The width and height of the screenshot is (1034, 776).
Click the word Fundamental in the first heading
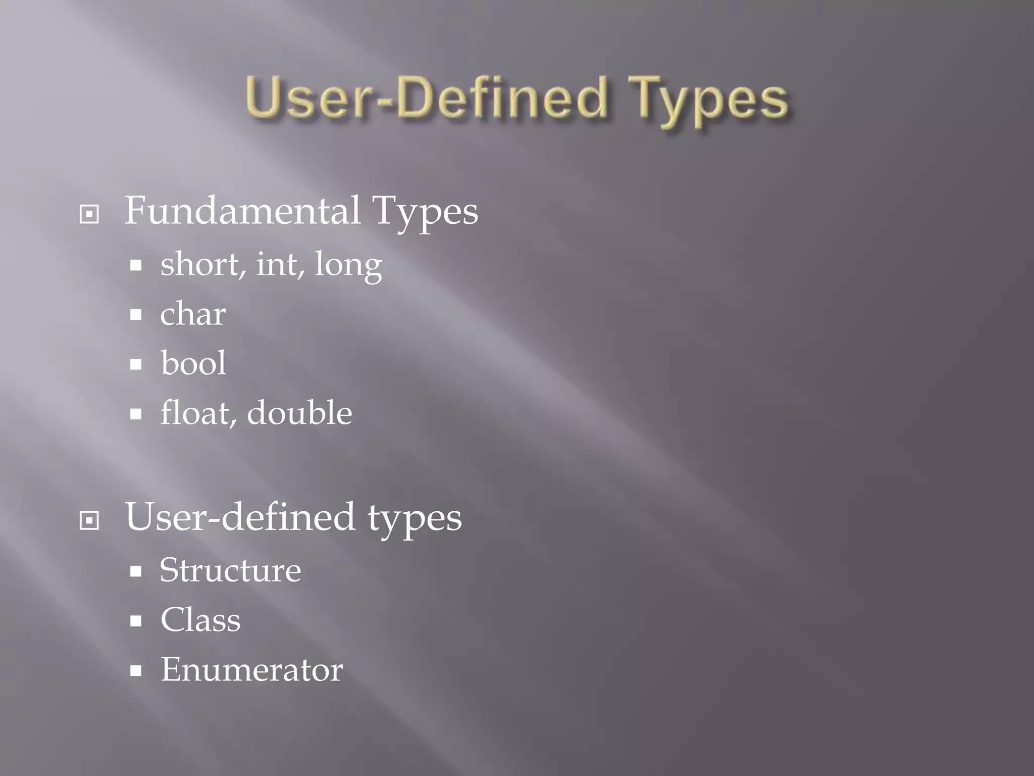(242, 211)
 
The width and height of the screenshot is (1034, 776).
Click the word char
(193, 314)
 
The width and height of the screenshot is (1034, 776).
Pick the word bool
(193, 363)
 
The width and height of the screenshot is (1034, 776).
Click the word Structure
(230, 570)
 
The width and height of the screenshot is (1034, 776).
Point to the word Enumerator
(251, 669)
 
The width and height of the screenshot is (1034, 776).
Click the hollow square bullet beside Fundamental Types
(89, 214)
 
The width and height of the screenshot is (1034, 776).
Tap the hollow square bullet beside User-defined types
(89, 520)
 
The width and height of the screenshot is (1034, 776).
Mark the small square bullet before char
(135, 315)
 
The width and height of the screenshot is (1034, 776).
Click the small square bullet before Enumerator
(135, 671)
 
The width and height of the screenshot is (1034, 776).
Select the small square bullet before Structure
(135, 571)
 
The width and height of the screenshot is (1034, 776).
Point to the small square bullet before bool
(135, 364)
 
